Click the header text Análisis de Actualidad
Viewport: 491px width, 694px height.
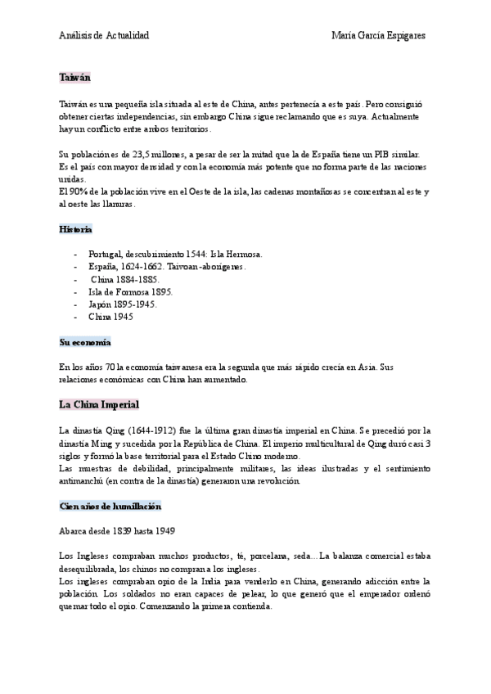pyautogui.click(x=104, y=37)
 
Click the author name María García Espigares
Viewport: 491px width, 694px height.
pyautogui.click(x=379, y=37)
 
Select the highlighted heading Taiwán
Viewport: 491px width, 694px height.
pyautogui.click(x=74, y=77)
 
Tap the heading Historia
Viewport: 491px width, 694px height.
pyautogui.click(x=75, y=230)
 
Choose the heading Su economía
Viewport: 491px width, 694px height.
pyautogui.click(x=85, y=341)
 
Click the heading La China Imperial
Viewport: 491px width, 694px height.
pyautogui.click(x=99, y=405)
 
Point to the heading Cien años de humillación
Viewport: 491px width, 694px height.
pyautogui.click(x=110, y=507)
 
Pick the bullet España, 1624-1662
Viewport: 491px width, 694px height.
pyautogui.click(x=167, y=267)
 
